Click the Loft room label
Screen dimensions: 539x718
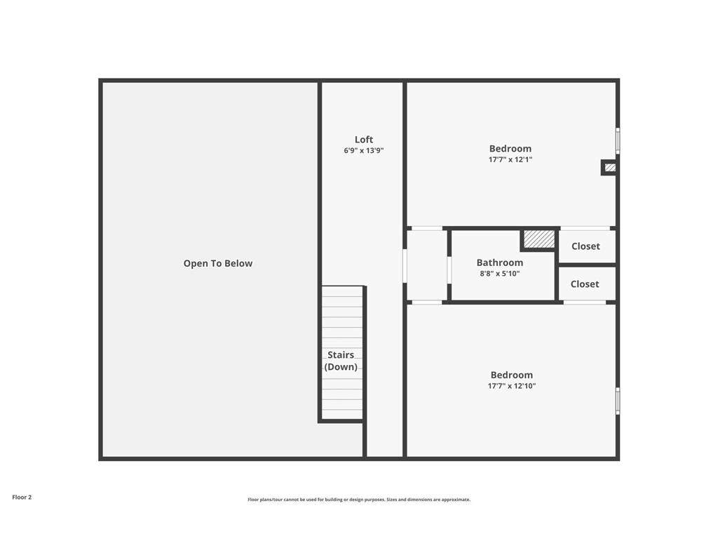pos(364,140)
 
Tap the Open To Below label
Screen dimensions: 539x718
pos(218,263)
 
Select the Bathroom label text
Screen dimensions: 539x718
pos(500,262)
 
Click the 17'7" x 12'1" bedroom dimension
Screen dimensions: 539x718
pos(510,159)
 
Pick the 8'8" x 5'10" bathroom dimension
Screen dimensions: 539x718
pos(500,274)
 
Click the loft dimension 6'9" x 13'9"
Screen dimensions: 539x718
pos(364,151)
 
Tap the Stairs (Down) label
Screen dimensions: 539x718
pos(341,361)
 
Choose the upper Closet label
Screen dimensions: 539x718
pos(585,246)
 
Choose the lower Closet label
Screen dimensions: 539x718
pos(585,284)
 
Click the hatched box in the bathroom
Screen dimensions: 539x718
pos(539,239)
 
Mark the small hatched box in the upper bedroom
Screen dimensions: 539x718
pos(610,167)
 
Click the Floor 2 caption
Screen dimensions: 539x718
pos(22,497)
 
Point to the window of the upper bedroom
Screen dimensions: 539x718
pos(618,140)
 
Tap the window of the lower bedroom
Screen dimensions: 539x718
pos(618,401)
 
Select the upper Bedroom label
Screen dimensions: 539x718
pos(510,148)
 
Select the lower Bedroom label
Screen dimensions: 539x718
pos(512,375)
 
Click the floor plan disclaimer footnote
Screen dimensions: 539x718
pos(359,500)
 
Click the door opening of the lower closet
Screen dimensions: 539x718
pos(585,302)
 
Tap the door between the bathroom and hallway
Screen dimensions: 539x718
pos(449,269)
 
